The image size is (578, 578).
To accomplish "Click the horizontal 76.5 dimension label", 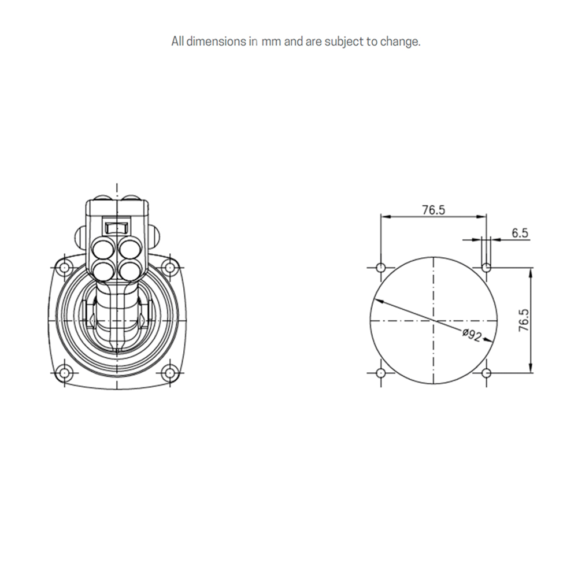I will tap(433, 210).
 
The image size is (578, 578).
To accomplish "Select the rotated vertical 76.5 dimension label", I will tap(524, 320).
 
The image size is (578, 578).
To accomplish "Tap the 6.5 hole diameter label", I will tap(520, 233).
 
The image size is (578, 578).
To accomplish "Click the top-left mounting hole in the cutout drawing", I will tap(380, 268).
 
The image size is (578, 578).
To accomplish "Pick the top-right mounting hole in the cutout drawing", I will tap(487, 268).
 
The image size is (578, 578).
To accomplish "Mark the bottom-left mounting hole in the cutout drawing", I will tap(380, 373).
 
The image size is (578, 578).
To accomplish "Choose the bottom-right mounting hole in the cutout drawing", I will tap(487, 373).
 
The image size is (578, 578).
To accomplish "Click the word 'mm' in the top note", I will tap(271, 42).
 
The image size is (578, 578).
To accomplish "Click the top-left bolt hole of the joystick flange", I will tap(64, 268).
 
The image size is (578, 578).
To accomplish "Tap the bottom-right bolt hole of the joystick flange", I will tap(169, 373).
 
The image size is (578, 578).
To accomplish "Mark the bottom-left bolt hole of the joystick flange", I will tap(64, 373).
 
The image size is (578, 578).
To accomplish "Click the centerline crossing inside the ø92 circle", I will tap(433, 320).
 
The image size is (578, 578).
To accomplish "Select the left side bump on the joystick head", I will tap(81, 235).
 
